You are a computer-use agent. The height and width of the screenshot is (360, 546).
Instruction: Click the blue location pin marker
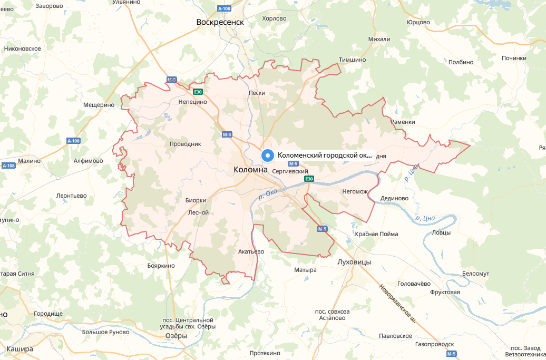tap(268, 155)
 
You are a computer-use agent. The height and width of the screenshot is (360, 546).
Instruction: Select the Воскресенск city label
tap(220, 22)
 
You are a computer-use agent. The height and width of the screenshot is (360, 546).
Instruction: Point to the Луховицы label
tap(354, 261)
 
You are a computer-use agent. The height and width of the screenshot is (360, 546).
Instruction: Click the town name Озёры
tap(176, 336)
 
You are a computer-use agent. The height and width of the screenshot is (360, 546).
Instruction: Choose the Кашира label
tap(19, 349)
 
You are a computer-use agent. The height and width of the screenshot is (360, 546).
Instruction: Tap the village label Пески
tap(256, 93)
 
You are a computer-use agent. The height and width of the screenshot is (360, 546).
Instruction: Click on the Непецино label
tap(192, 102)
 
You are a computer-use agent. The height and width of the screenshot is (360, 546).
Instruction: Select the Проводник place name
tap(186, 144)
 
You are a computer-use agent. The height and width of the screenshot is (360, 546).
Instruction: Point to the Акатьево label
tap(251, 251)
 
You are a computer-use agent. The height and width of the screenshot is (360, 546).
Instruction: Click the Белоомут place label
tap(475, 274)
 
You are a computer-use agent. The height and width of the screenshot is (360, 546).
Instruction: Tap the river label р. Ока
tap(268, 194)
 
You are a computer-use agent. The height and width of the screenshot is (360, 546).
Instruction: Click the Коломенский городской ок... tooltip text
tap(325, 155)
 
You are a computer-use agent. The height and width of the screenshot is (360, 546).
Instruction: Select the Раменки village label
tap(403, 122)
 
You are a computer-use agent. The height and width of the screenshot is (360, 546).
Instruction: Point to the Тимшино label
tap(352, 60)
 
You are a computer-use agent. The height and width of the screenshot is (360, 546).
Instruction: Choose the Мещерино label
tap(99, 105)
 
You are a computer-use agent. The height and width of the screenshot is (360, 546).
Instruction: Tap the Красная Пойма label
tap(376, 234)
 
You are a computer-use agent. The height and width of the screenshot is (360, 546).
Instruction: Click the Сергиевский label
tap(290, 172)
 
